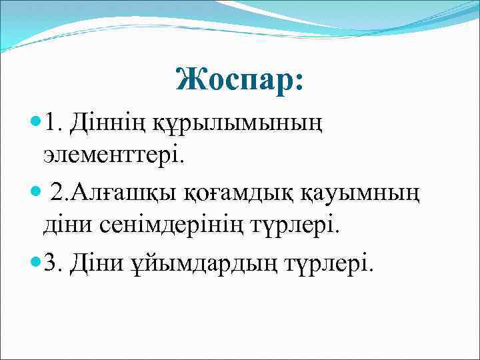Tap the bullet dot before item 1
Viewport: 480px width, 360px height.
coord(35,123)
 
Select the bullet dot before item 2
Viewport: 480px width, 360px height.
coord(35,193)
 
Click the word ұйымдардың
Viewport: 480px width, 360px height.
coord(207,265)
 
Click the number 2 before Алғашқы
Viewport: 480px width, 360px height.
coord(58,194)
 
